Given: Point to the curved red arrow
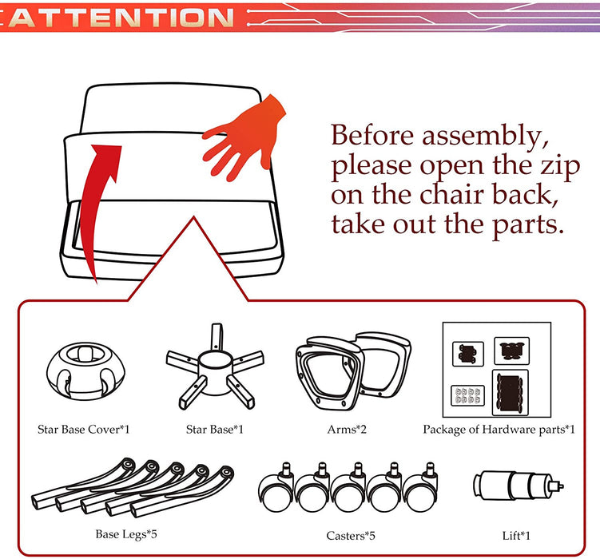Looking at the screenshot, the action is pos(97,207).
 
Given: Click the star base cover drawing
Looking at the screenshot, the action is pos(85,371).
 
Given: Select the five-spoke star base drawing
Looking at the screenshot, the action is pos(215,369).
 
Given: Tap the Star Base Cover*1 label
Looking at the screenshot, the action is pos(83,430).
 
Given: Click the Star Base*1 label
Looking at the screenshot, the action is pos(214,430).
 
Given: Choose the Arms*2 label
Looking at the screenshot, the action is pos(347,430).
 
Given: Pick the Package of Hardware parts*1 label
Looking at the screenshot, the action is pos(499,430).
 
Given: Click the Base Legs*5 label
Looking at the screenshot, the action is pos(126,534).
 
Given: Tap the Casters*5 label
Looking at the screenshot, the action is pos(351,536).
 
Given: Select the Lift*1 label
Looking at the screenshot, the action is pos(516,536).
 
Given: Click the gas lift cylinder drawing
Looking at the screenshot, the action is pos(519,486).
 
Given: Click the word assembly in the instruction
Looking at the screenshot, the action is pos(485,136).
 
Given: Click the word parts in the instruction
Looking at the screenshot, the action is pos(527,225).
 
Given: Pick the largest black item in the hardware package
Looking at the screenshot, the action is pos(510,393).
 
